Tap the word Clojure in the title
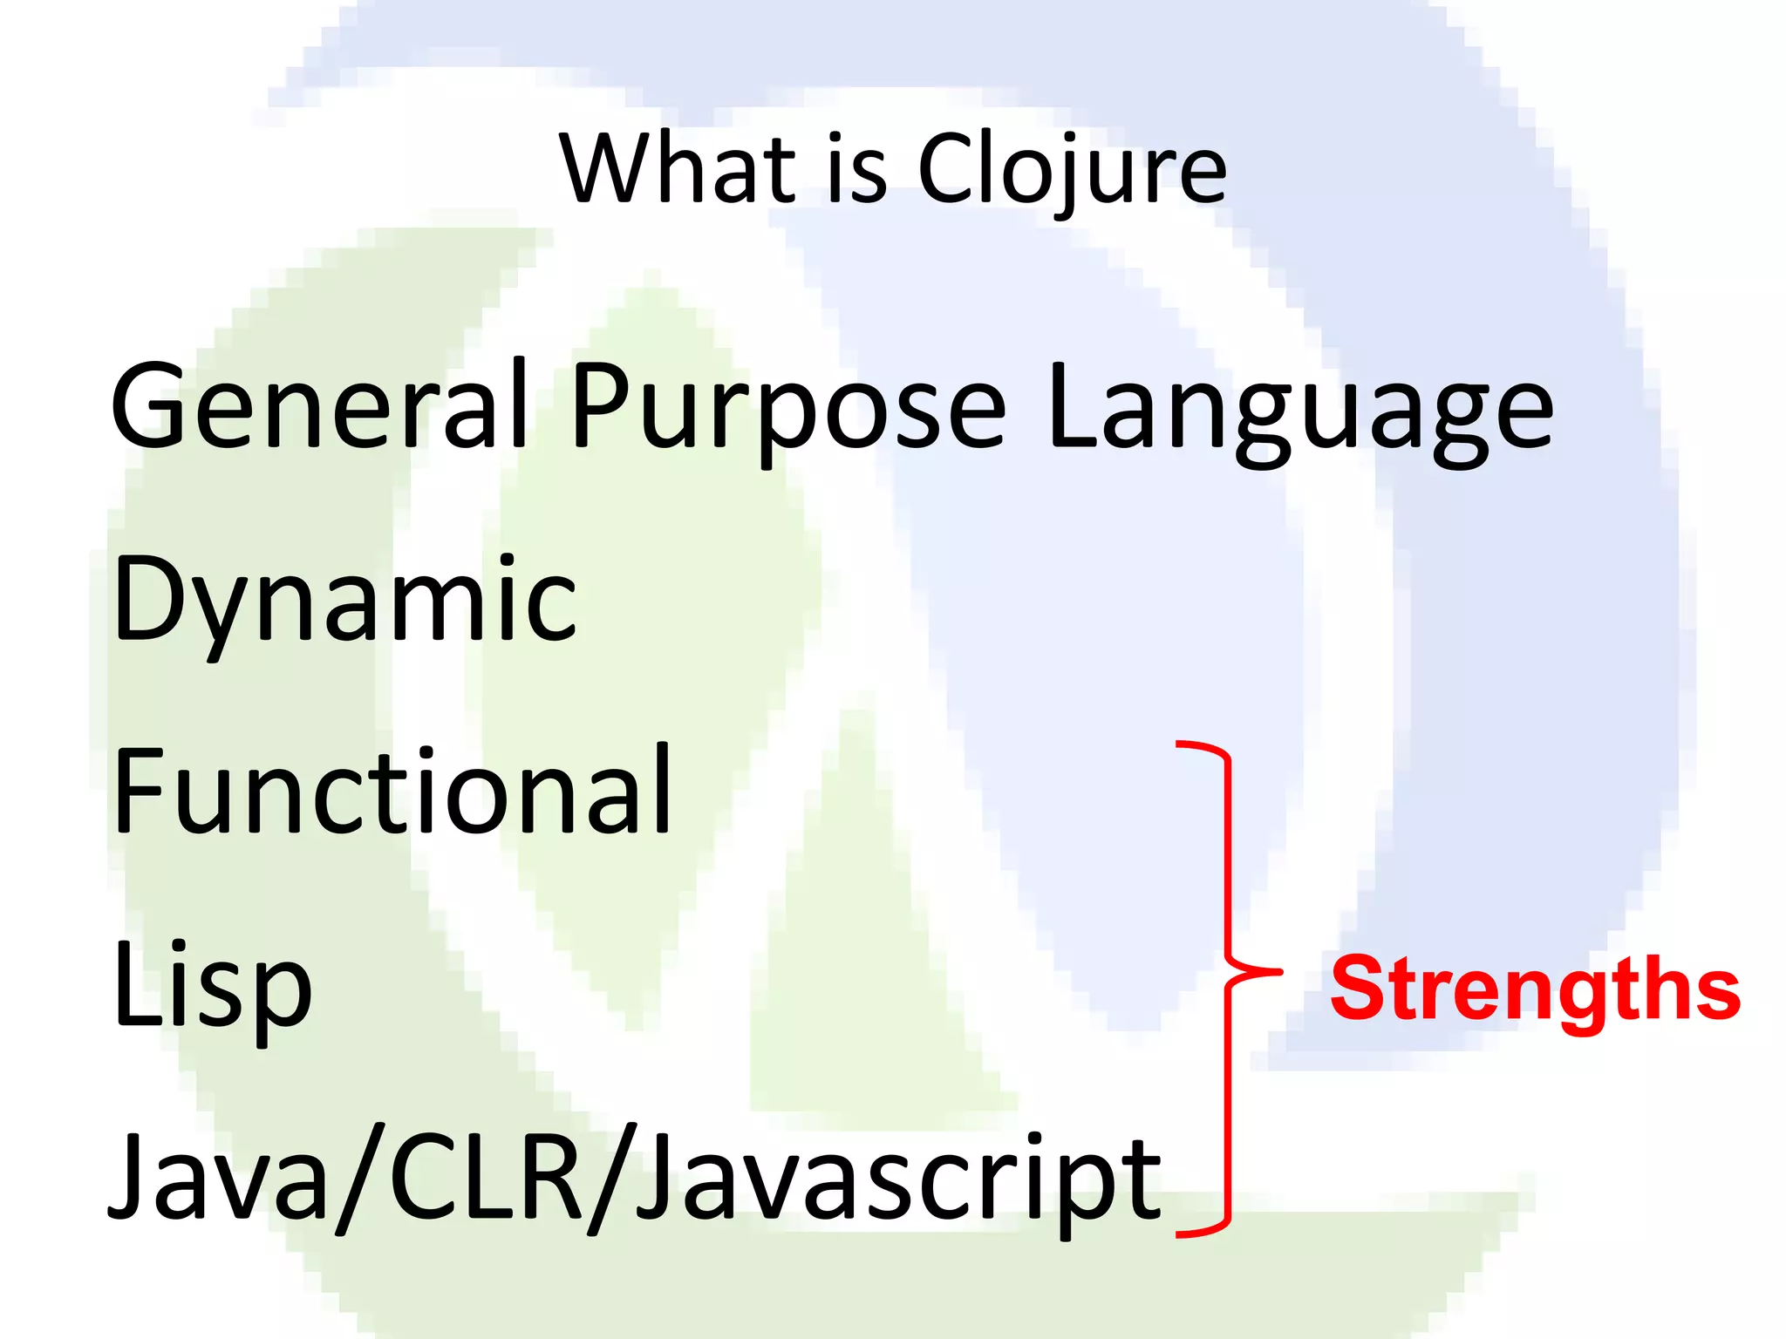1072,170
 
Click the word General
319,407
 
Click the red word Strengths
1535,990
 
